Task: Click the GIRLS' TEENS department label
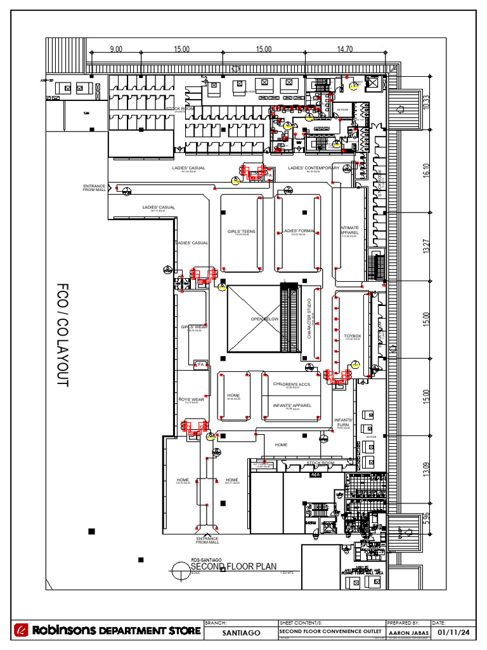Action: [x=242, y=232]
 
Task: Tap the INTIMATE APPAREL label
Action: [x=349, y=230]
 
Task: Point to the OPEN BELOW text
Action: [x=264, y=319]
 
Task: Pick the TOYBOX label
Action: [x=352, y=336]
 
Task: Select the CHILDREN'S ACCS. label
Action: [x=292, y=384]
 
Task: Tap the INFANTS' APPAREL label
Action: [x=292, y=405]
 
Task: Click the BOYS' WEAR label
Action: [x=192, y=399]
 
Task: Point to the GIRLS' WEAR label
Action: [x=194, y=327]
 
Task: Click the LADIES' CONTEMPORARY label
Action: [x=313, y=168]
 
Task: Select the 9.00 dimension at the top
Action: [x=116, y=49]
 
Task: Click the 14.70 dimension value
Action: [x=346, y=49]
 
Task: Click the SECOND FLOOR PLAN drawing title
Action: [x=234, y=566]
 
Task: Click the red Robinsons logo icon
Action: [x=22, y=631]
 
